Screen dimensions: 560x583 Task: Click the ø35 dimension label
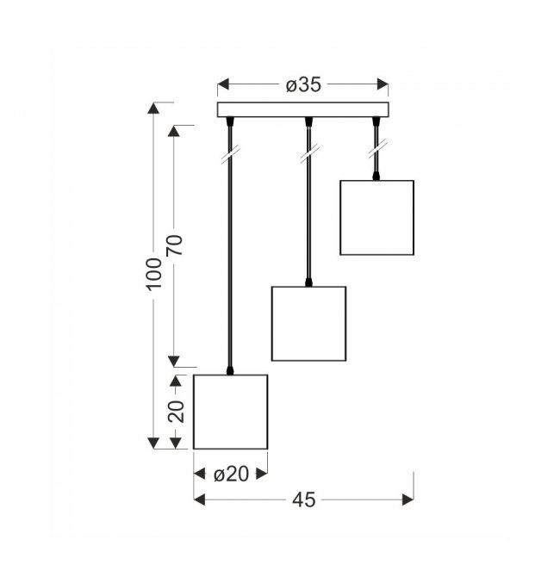tap(303, 85)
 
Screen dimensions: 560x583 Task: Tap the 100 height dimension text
tap(154, 273)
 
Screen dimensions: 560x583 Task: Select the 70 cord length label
tap(175, 245)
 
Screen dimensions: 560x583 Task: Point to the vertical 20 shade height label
tap(177, 412)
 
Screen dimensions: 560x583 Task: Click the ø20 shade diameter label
tap(231, 474)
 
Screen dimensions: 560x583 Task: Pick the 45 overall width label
tap(303, 500)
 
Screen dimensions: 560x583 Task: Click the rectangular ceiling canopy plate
tap(303, 109)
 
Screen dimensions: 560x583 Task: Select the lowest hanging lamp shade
tap(230, 412)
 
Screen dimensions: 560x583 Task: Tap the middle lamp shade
tap(308, 324)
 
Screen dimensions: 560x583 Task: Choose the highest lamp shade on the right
tap(377, 218)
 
